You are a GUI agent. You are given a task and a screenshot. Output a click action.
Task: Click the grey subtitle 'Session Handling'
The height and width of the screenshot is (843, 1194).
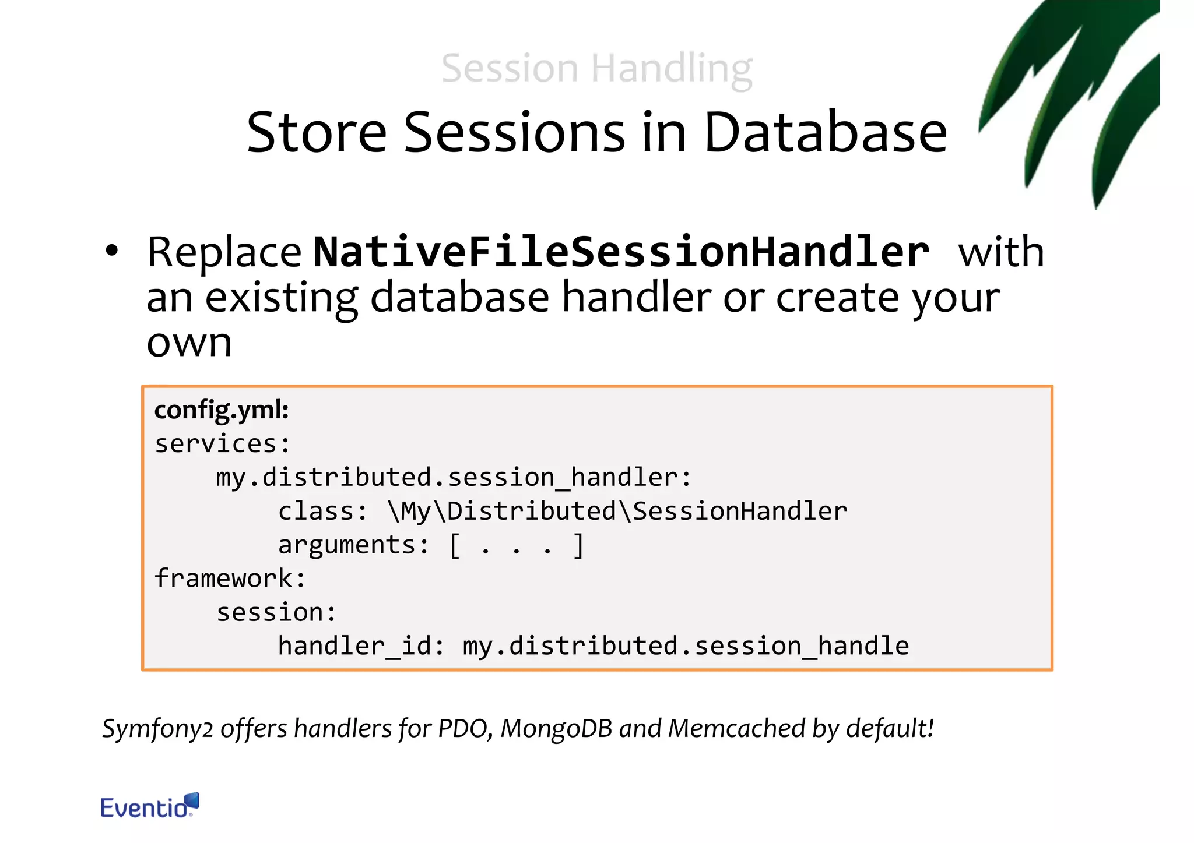point(596,69)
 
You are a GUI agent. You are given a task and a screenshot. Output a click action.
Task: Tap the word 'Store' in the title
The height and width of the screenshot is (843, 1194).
point(317,133)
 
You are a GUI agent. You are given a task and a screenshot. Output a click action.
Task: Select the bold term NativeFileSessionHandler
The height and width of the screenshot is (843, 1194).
point(621,253)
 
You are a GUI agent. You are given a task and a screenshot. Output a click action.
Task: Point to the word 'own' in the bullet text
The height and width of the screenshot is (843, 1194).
point(189,344)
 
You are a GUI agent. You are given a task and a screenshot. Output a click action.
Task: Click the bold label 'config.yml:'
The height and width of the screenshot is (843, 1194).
point(222,410)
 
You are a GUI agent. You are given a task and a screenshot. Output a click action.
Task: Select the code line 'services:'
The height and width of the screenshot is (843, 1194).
point(222,444)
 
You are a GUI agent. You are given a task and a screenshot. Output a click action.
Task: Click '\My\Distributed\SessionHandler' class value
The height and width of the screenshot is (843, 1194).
point(617,512)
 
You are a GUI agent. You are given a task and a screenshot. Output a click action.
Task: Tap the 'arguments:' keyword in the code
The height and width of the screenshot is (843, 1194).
point(353,545)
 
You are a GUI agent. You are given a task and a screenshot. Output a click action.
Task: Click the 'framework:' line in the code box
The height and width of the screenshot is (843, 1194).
point(230,579)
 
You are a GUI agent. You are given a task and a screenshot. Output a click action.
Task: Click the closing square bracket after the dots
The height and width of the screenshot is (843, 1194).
point(578,546)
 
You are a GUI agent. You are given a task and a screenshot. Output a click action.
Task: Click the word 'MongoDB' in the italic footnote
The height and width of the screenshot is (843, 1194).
point(556,729)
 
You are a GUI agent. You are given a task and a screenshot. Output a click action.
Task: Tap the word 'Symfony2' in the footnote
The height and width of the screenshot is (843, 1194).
point(157,729)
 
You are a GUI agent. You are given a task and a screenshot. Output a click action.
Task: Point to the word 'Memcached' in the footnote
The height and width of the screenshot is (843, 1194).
point(736,729)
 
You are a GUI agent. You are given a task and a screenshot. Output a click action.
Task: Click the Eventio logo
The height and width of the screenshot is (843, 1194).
point(149,807)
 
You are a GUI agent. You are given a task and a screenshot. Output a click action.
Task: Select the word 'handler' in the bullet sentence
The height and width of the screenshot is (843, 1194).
point(637,298)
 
